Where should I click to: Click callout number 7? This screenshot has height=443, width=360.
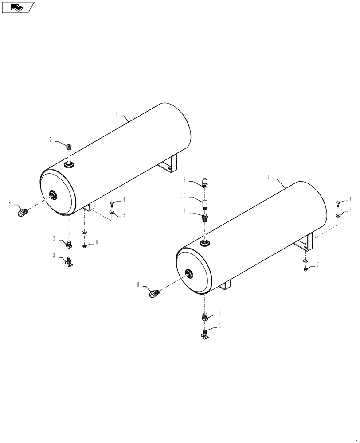(x=51, y=140)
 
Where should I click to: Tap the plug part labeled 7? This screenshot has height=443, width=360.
(x=69, y=147)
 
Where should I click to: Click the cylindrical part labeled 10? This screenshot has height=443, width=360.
(x=205, y=205)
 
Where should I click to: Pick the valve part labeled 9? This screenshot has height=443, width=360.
(x=205, y=182)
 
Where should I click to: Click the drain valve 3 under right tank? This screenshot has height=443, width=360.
(x=205, y=336)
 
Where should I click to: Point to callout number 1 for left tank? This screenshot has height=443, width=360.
(x=116, y=114)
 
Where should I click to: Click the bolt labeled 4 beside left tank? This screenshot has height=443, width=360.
(x=112, y=203)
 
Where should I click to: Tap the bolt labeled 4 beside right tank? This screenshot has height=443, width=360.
(x=338, y=203)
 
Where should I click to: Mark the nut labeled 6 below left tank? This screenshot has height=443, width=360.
(x=84, y=246)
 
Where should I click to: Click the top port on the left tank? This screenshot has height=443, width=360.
(x=69, y=165)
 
